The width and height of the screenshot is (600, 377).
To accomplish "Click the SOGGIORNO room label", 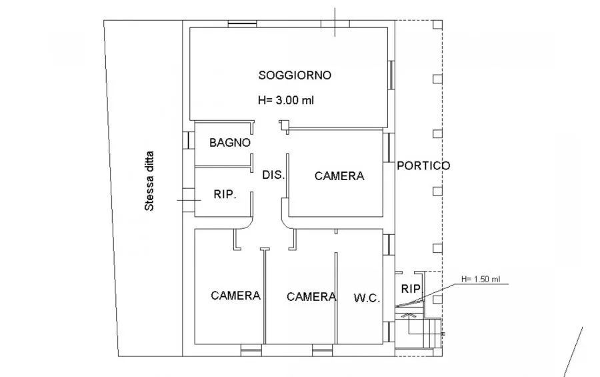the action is [x=295, y=75].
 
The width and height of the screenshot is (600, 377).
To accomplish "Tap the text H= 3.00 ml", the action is [x=286, y=100].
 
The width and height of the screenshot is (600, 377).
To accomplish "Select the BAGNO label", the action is [x=230, y=143].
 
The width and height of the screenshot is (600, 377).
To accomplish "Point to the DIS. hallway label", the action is [x=273, y=175].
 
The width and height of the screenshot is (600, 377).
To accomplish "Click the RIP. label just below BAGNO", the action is [x=225, y=194].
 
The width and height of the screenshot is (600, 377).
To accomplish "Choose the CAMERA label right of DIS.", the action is [x=339, y=176].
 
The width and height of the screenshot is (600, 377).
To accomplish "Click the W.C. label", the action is [x=367, y=298].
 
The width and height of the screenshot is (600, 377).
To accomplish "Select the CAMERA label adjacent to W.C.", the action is [x=311, y=296].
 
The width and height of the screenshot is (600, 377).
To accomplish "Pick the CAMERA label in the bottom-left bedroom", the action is [x=236, y=296].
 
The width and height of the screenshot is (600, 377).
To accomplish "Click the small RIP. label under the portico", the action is [x=411, y=289].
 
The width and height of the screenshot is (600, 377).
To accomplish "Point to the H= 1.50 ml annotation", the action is [x=481, y=280].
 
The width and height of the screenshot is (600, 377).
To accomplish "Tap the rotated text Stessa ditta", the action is [x=149, y=181].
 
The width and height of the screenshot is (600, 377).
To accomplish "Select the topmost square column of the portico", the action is [x=438, y=25].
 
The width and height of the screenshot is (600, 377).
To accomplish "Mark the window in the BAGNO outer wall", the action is [x=189, y=140].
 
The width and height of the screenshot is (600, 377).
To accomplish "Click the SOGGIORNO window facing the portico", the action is [x=391, y=75].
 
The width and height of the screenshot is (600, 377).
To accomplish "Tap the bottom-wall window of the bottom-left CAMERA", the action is [x=251, y=350].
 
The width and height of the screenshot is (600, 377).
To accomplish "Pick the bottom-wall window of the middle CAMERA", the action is [x=323, y=350].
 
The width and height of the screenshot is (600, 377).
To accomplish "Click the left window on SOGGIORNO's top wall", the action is [x=242, y=24].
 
